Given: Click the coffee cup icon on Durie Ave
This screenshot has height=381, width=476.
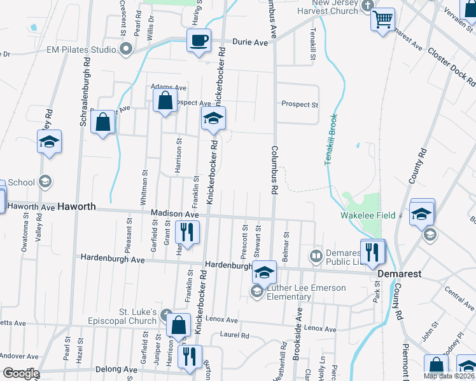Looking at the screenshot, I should click(x=199, y=41).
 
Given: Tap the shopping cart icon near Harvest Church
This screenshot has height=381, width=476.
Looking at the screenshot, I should click(x=382, y=20).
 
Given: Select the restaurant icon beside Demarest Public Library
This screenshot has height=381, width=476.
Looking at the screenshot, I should click(x=373, y=252).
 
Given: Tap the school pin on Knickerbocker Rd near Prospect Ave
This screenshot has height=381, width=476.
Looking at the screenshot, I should click(x=214, y=118).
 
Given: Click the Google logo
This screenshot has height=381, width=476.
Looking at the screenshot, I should click(x=21, y=373).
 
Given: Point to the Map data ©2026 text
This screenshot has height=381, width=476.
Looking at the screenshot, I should click(x=449, y=376).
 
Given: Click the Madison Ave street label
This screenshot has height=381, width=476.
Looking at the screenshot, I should click(x=175, y=215).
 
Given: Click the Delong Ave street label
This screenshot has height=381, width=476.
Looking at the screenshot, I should click(x=116, y=369).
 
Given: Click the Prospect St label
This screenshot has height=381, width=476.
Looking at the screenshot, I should click(x=300, y=104).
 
